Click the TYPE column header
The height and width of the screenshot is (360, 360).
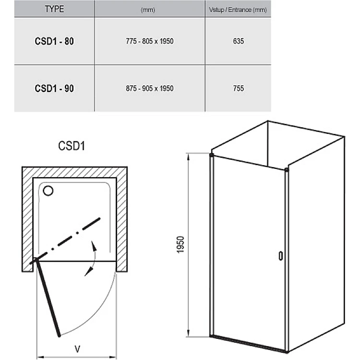[54, 9]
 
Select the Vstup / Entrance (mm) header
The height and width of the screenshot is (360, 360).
[238, 10]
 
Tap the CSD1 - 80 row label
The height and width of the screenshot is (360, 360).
[54, 41]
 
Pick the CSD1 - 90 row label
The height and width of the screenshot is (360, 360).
[54, 88]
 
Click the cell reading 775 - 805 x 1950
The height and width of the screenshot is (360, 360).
[149, 41]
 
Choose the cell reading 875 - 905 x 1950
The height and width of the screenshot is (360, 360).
[149, 88]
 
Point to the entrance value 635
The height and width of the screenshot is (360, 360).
[238, 41]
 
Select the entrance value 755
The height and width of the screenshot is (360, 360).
[238, 88]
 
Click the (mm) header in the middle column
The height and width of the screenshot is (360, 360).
[148, 10]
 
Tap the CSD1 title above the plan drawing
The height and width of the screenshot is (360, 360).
[72, 146]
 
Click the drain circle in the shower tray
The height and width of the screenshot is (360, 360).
[48, 191]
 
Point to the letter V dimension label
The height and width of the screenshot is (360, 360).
[77, 349]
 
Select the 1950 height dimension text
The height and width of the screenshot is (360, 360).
[180, 245]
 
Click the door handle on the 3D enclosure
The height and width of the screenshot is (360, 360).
[281, 256]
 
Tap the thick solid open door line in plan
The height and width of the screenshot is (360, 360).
[48, 298]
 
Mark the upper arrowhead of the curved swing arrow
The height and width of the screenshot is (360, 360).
[94, 246]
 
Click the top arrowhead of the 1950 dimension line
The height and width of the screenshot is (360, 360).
[189, 158]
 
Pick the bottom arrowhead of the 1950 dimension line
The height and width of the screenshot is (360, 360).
[189, 332]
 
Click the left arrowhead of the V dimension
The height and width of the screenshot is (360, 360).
[41, 357]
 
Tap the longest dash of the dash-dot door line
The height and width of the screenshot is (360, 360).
[91, 224]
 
